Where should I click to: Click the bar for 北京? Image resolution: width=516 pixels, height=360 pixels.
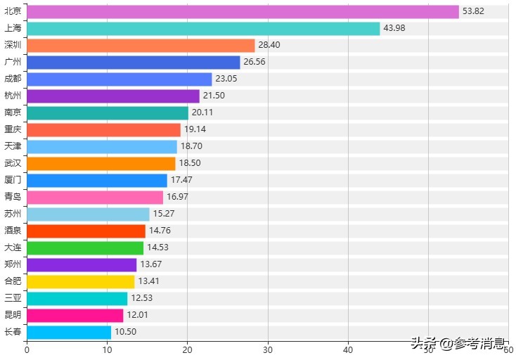tap(243, 12)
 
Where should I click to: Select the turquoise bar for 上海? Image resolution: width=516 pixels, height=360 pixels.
tap(203, 29)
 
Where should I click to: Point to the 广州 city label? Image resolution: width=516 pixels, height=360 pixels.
tap(13, 62)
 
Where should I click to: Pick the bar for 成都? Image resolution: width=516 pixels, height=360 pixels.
tap(119, 79)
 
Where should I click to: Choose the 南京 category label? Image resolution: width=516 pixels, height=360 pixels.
tap(13, 112)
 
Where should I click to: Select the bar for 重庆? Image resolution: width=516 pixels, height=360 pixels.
tap(103, 129)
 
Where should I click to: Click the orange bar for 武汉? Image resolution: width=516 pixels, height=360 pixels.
tap(101, 163)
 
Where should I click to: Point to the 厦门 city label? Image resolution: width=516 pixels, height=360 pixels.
tap(13, 180)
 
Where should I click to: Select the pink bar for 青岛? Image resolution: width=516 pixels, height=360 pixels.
tap(95, 197)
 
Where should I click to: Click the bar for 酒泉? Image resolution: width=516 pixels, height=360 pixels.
tap(86, 231)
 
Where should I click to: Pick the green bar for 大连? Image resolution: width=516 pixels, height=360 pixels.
tap(85, 247)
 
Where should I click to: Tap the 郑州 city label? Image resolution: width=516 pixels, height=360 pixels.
tap(13, 264)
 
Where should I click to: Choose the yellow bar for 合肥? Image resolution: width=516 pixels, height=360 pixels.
tap(80, 281)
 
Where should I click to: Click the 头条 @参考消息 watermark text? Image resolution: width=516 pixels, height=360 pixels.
tap(458, 344)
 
